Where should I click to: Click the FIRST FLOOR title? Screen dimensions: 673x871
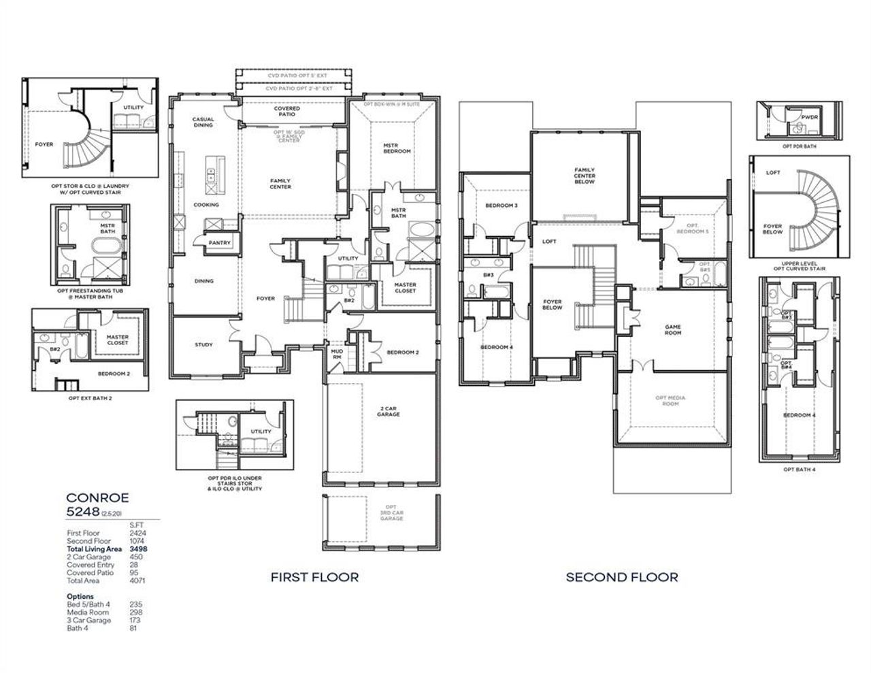pyautogui.click(x=314, y=577)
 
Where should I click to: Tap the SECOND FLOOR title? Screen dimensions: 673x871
pyautogui.click(x=622, y=577)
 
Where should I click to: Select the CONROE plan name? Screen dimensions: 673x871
pyautogui.click(x=97, y=497)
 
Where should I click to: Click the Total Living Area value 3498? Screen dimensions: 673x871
pyautogui.click(x=138, y=548)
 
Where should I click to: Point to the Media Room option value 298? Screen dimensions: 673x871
pyautogui.click(x=136, y=612)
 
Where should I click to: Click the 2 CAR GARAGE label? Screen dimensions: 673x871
pyautogui.click(x=389, y=411)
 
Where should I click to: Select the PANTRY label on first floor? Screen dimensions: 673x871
pyautogui.click(x=220, y=243)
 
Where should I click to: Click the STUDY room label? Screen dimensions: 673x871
pyautogui.click(x=203, y=344)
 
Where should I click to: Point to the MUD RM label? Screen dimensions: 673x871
pyautogui.click(x=336, y=355)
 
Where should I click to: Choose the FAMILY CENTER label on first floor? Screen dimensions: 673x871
pyautogui.click(x=280, y=184)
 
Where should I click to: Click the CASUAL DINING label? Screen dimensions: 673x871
pyautogui.click(x=203, y=122)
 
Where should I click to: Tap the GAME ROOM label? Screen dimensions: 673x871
pyautogui.click(x=672, y=330)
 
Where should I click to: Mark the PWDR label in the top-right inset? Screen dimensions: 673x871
pyautogui.click(x=809, y=117)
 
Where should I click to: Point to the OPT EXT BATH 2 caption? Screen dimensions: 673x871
pyautogui.click(x=91, y=398)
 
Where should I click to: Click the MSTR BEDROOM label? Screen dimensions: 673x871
pyautogui.click(x=397, y=148)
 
